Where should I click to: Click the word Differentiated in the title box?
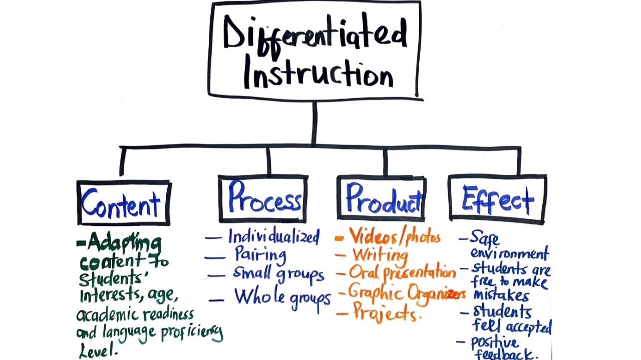pos(314,37)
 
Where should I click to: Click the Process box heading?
pos(264,199)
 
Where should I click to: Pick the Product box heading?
pos(383,199)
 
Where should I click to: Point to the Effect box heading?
pos(497,199)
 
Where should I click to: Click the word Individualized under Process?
pos(273,236)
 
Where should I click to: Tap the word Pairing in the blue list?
pos(260,254)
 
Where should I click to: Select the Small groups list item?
pos(278,274)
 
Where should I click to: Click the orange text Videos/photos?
pos(395,236)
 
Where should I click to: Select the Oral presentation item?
pos(403,273)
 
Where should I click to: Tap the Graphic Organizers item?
pos(407,292)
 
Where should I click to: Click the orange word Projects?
pos(385,312)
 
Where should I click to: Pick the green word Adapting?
pos(124,244)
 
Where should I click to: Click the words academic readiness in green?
pos(135,314)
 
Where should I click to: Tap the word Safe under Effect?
pos(485,238)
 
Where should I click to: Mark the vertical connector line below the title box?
pos(314,123)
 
